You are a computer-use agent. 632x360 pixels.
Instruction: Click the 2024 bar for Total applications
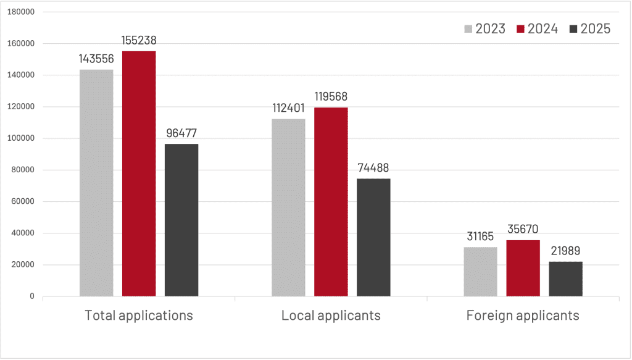(139, 174)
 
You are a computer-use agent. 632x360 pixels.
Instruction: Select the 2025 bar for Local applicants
(373, 237)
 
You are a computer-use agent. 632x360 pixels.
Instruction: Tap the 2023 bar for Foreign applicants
(480, 272)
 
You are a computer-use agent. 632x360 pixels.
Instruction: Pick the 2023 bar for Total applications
(96, 183)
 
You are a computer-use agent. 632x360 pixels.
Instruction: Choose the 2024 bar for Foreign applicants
(523, 268)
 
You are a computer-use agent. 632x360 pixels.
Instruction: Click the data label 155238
(139, 41)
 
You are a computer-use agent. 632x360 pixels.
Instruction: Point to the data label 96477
(181, 133)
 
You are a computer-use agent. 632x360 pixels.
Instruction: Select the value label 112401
(288, 108)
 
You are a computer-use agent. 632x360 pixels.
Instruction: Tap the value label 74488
(373, 168)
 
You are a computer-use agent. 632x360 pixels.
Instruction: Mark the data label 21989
(565, 251)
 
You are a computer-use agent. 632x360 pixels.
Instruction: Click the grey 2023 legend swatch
(468, 29)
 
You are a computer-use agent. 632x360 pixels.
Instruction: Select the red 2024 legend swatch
(521, 29)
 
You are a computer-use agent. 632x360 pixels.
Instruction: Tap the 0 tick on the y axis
(31, 296)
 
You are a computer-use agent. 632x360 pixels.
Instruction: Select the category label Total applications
(139, 316)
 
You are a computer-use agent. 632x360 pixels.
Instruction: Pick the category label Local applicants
(331, 316)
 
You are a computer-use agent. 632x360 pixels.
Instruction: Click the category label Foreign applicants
(523, 316)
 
